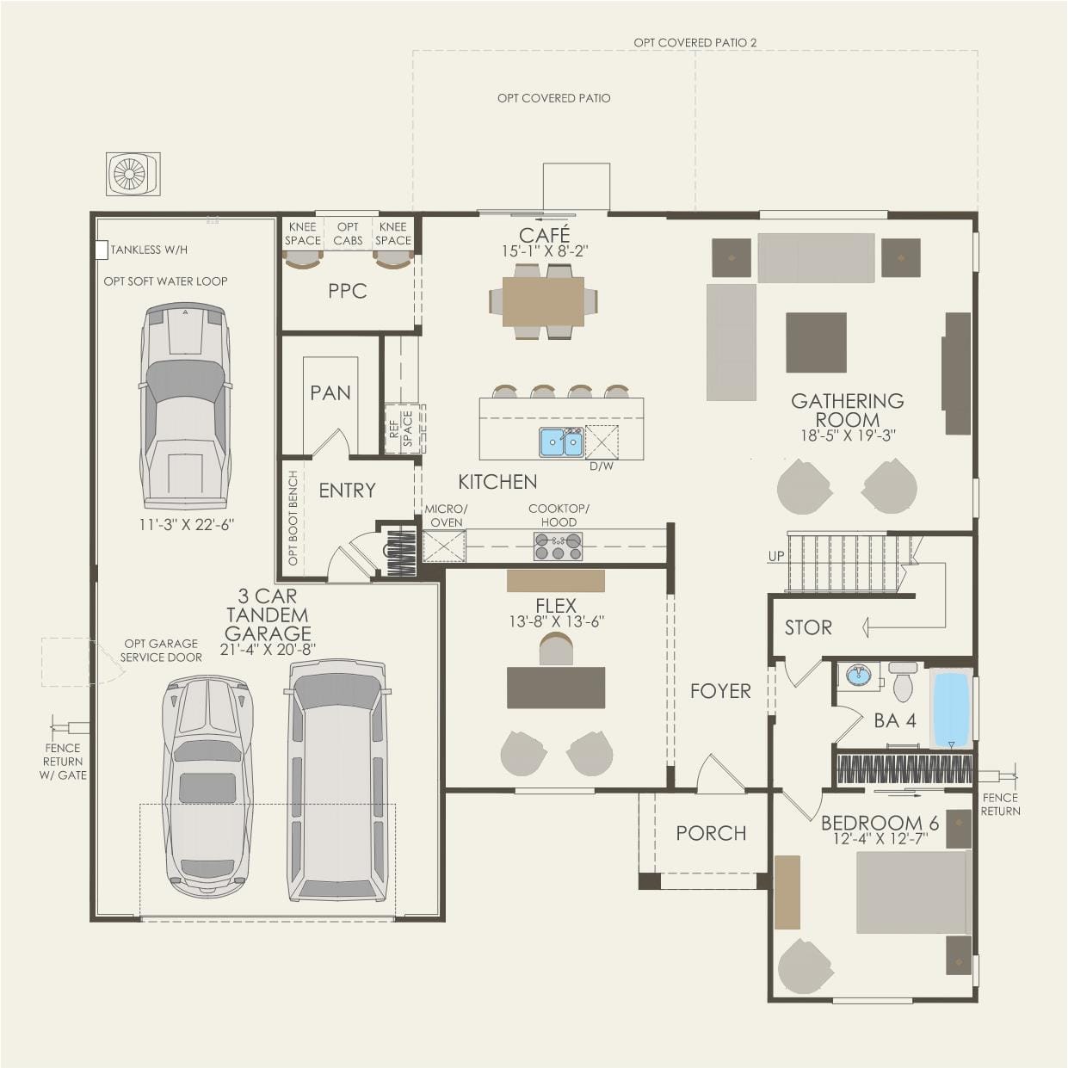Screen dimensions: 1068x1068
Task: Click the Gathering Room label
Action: (x=847, y=411)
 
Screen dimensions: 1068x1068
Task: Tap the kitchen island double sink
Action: (x=561, y=442)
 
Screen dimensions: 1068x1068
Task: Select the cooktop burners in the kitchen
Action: (x=558, y=546)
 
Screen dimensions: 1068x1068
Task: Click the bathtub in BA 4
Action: (x=951, y=707)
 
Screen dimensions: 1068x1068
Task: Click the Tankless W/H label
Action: (x=149, y=250)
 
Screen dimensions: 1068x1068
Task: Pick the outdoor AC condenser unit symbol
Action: (x=133, y=174)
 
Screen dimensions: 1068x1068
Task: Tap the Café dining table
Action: (x=543, y=300)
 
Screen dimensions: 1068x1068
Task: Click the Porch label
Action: (x=710, y=833)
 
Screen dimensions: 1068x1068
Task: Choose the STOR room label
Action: (x=807, y=627)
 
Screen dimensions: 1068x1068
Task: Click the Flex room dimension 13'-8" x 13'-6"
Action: (x=555, y=621)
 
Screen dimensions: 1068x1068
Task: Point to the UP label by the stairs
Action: (x=775, y=556)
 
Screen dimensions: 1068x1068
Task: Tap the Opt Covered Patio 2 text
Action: (x=695, y=42)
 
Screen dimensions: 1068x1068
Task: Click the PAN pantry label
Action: (x=330, y=392)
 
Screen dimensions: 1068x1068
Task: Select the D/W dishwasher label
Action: (x=601, y=466)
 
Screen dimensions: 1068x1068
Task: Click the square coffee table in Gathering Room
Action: (x=815, y=342)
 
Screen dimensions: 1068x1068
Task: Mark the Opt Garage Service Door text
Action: (x=161, y=650)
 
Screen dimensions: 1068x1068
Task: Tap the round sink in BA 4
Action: (x=858, y=675)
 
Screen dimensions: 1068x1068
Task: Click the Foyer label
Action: (x=719, y=690)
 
